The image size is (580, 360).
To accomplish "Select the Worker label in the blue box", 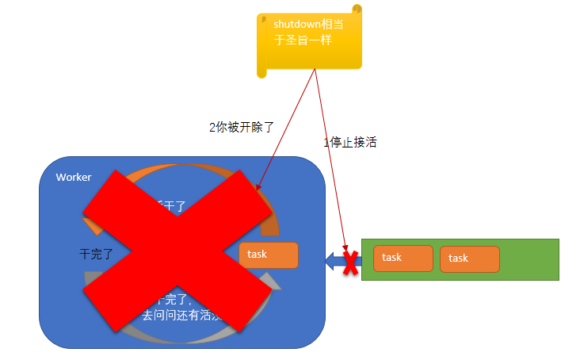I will coord(74,177).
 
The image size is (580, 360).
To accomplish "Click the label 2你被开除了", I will coord(241,127).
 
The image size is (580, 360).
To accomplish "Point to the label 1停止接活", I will coord(349,143).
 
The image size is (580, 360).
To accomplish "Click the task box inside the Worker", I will coord(269,255).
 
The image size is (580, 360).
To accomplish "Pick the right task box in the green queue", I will coord(469,259).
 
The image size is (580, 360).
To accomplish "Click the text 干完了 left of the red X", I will coord(97,255).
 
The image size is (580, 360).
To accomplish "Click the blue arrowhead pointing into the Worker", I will coord(332,259).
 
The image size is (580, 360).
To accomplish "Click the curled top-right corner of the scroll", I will coord(357,10).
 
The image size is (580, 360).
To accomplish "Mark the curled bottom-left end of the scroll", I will coord(262,72).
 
